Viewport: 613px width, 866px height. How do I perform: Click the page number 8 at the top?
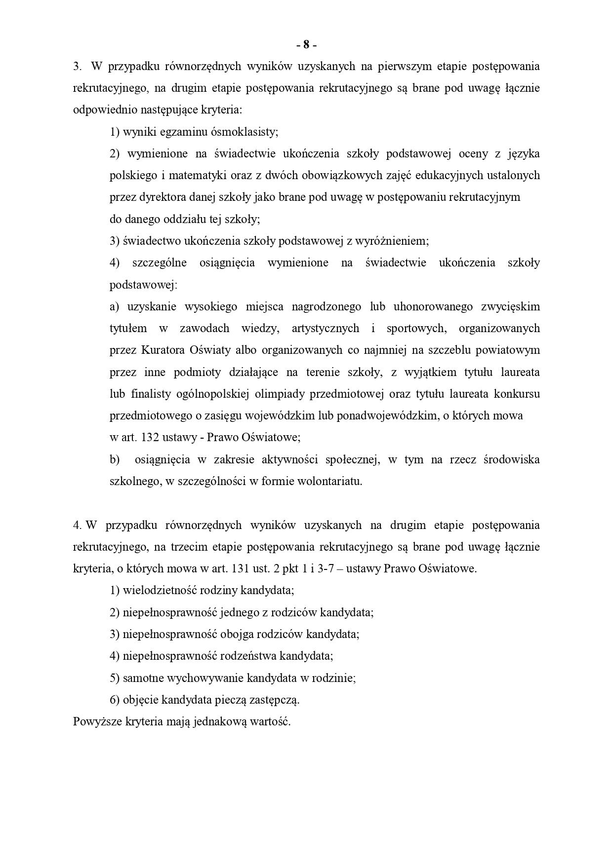tap(306, 45)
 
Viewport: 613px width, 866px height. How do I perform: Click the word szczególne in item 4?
tap(160, 263)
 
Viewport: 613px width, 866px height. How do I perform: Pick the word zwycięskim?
tap(510, 306)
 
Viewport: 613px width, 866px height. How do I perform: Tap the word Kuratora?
tap(163, 350)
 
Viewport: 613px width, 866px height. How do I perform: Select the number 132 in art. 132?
tap(150, 437)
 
